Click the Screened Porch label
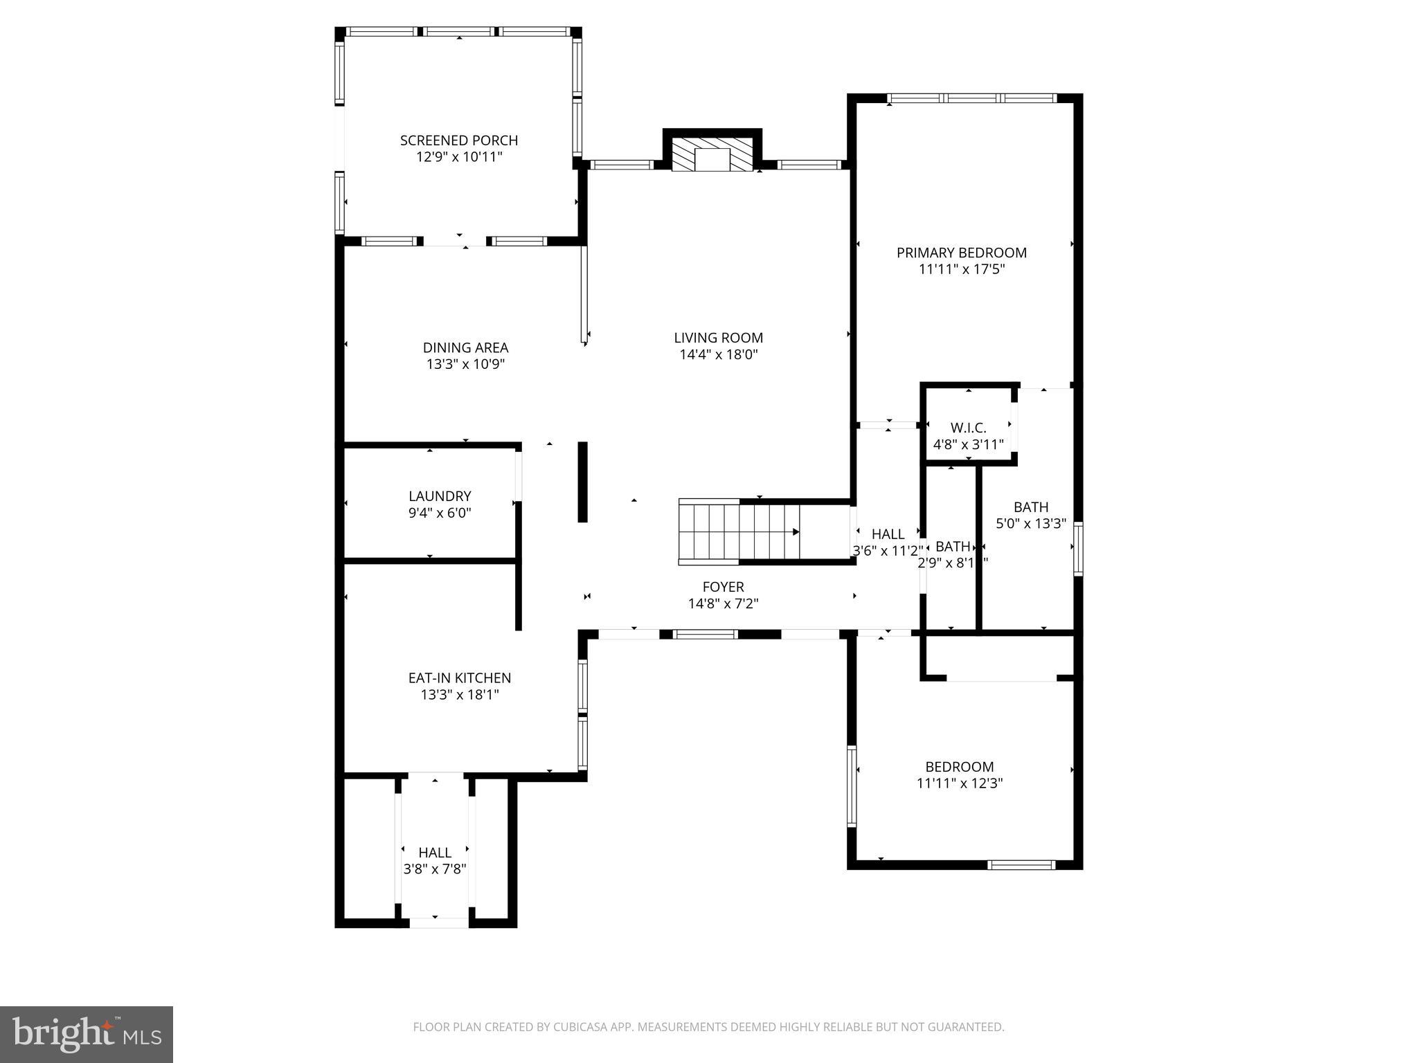tap(458, 140)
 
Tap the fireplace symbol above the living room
tap(712, 154)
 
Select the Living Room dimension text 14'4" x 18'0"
tap(718, 355)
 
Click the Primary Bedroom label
tap(961, 253)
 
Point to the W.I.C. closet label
tap(968, 428)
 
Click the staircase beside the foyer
tap(739, 531)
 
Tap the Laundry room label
tap(440, 496)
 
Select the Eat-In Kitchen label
tap(459, 678)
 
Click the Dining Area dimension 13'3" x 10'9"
tap(465, 365)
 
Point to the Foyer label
tap(723, 587)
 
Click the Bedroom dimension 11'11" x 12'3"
tap(960, 783)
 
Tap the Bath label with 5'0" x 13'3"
tap(1031, 507)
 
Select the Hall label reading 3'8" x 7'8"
tap(435, 853)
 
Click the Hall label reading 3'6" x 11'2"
tap(888, 534)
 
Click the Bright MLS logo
tap(86, 1035)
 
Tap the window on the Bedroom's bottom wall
tap(1021, 864)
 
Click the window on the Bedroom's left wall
tap(852, 786)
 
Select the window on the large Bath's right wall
tap(1078, 549)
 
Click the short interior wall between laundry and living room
tap(583, 482)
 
